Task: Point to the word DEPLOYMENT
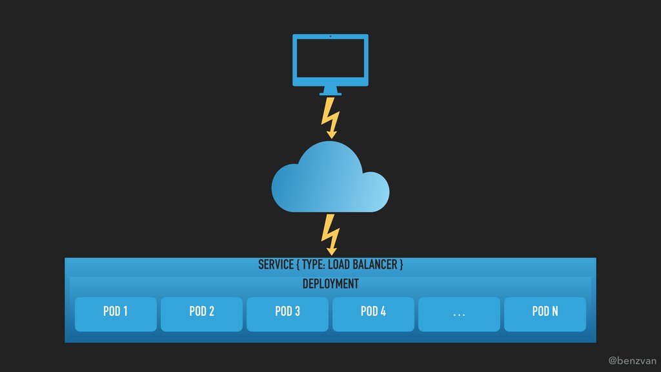point(330,284)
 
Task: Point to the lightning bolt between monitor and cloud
point(330,117)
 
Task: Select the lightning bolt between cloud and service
point(330,234)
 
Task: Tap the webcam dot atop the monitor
point(330,36)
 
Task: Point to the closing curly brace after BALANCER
point(401,265)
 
